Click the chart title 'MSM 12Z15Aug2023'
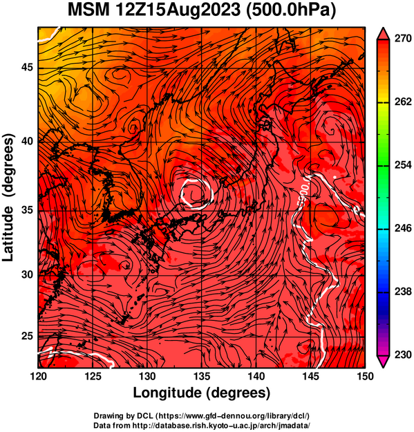coord(154,10)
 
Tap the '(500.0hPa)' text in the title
coord(290,11)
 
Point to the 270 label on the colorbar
coord(402,39)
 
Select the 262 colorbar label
coord(402,102)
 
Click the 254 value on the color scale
coord(402,165)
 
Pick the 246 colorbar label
coord(402,228)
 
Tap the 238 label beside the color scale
coord(402,291)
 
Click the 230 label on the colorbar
coord(402,355)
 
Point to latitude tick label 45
coord(27,67)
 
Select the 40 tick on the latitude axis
coord(27,141)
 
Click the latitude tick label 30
coord(27,274)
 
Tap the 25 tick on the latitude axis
coord(27,337)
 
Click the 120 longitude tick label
coord(38,376)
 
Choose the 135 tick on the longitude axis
coord(202,376)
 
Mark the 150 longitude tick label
coord(364,376)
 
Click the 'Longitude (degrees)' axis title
coord(201,393)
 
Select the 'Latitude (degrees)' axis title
coord(8,198)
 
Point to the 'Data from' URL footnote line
coord(202,425)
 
